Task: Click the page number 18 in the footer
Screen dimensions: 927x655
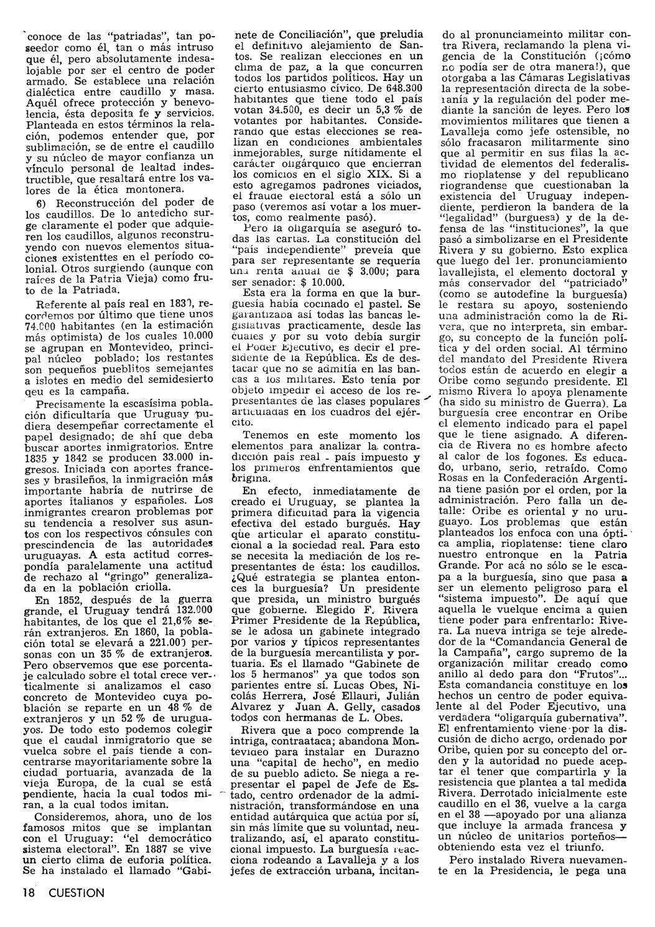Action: click(27, 892)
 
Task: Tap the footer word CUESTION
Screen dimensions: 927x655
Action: click(73, 892)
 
